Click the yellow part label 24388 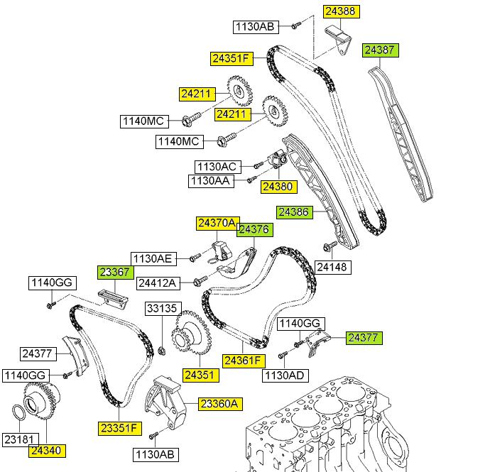click(343, 11)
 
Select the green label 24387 click(381, 50)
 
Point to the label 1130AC click(217, 167)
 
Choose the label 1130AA click(209, 182)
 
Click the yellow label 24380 click(276, 187)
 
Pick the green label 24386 click(295, 212)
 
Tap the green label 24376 click(253, 229)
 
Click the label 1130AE click(151, 258)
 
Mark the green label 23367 click(114, 272)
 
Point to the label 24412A click(157, 283)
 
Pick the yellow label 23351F click(120, 428)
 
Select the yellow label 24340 click(46, 449)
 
